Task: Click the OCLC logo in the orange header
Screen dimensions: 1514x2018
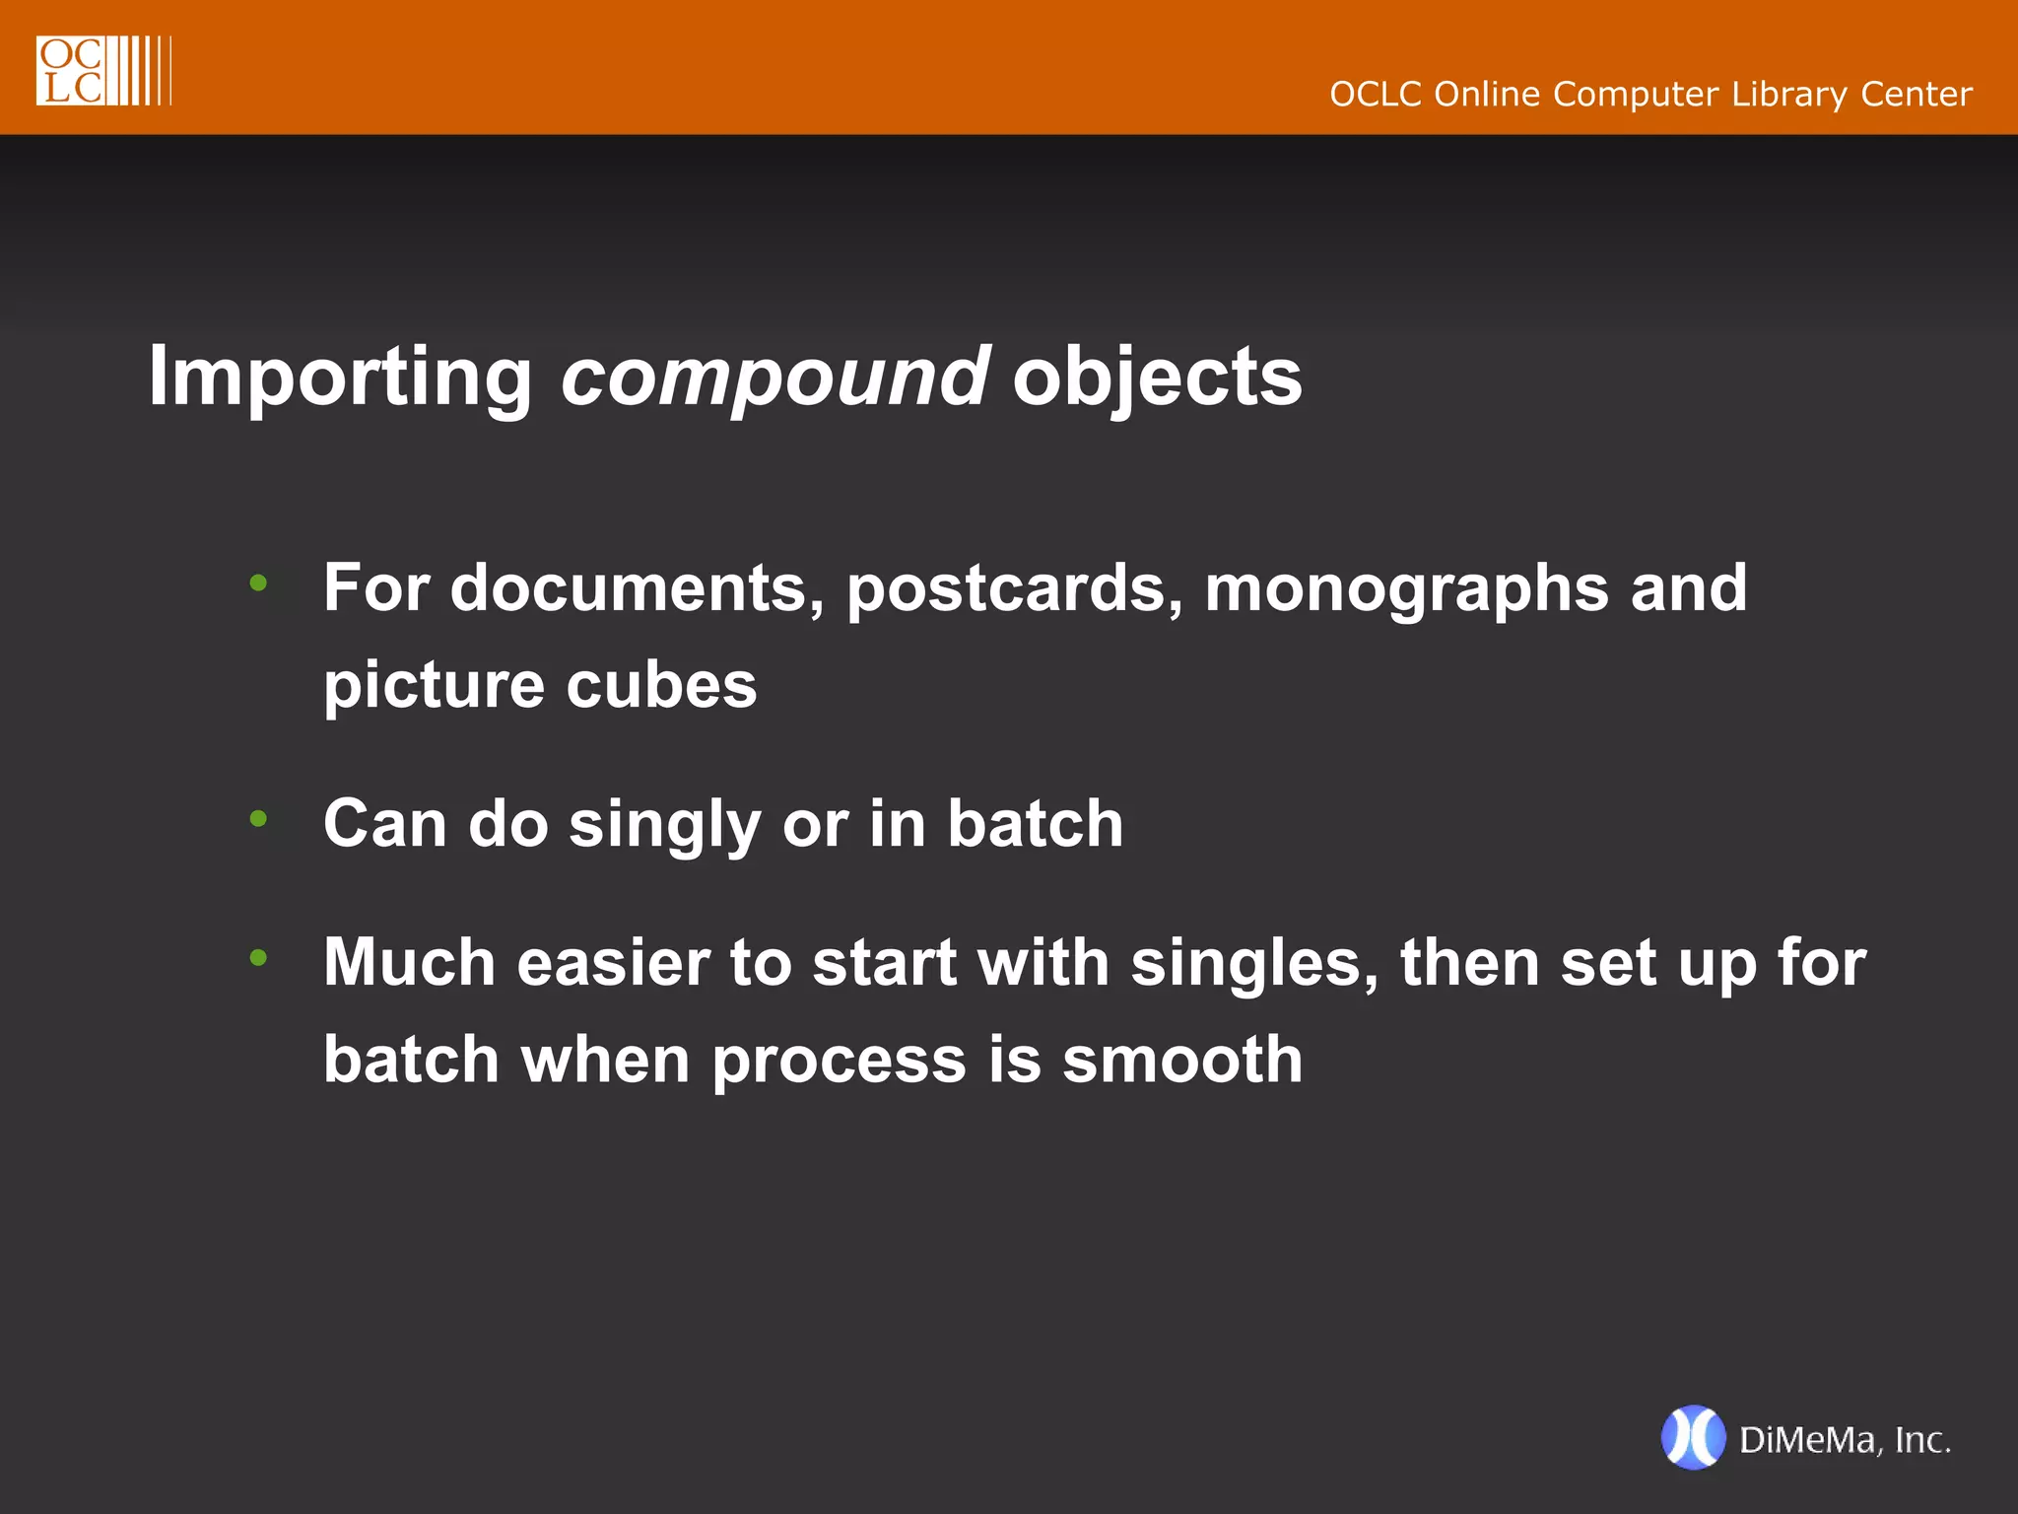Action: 102,70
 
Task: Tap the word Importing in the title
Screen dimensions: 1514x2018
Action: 340,378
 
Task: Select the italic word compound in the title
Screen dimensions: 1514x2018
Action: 774,378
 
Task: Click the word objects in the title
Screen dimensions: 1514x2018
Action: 1157,378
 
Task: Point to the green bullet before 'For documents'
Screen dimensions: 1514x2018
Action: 259,583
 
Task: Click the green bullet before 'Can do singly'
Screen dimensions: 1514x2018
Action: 259,818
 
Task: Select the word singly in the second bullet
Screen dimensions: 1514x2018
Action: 665,825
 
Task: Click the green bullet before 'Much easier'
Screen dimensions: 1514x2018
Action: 259,956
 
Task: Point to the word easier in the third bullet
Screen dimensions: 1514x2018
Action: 613,963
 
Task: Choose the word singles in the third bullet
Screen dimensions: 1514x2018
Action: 1254,963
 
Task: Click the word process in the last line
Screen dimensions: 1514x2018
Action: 839,1062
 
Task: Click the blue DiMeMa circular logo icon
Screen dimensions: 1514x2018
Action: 1693,1438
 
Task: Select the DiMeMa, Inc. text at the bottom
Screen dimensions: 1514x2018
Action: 1845,1440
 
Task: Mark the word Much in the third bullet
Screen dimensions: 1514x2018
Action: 409,963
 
